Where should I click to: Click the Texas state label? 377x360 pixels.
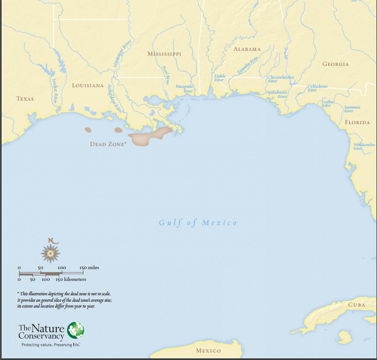(x=25, y=99)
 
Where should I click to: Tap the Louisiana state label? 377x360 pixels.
(x=88, y=86)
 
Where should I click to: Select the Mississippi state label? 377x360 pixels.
(x=164, y=54)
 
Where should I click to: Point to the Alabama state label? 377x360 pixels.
(x=247, y=49)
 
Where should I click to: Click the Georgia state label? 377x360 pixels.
(x=335, y=64)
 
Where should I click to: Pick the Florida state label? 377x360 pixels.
(x=357, y=122)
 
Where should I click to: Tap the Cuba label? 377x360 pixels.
(x=357, y=304)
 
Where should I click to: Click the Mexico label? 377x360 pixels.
(x=208, y=351)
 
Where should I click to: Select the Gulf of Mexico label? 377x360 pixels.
(x=198, y=223)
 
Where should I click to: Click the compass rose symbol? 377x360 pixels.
(x=51, y=251)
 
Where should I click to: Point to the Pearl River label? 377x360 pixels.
(x=166, y=75)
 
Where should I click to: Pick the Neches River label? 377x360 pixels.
(x=55, y=91)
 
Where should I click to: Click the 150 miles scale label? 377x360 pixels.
(x=89, y=267)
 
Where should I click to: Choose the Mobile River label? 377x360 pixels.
(x=220, y=78)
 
